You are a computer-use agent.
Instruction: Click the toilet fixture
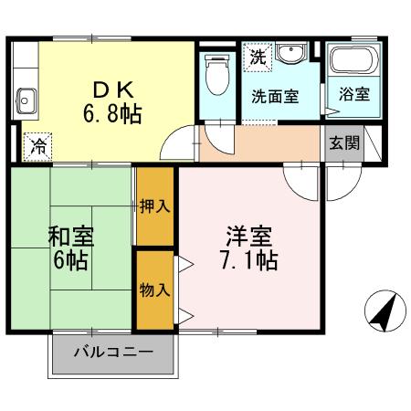click(x=217, y=75)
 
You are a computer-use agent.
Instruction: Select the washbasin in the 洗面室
click(x=291, y=53)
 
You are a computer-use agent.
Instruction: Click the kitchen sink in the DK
click(x=26, y=100)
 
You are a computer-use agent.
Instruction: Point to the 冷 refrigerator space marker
click(x=38, y=147)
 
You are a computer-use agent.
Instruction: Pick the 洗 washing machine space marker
click(x=258, y=57)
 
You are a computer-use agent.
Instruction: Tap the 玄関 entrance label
click(x=344, y=142)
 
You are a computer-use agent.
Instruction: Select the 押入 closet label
click(x=155, y=206)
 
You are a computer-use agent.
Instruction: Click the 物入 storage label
click(x=155, y=290)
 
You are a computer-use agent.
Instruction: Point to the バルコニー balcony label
click(x=113, y=353)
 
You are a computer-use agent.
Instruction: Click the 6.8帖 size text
click(x=112, y=113)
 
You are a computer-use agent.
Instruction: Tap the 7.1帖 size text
click(x=249, y=260)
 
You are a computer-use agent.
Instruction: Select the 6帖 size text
click(x=70, y=260)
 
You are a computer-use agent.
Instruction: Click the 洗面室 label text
click(x=275, y=97)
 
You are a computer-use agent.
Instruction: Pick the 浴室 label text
click(x=354, y=94)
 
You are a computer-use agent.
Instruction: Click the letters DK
click(x=113, y=90)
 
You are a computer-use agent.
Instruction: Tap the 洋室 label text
click(x=249, y=237)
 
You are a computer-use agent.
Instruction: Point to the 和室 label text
click(x=71, y=237)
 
